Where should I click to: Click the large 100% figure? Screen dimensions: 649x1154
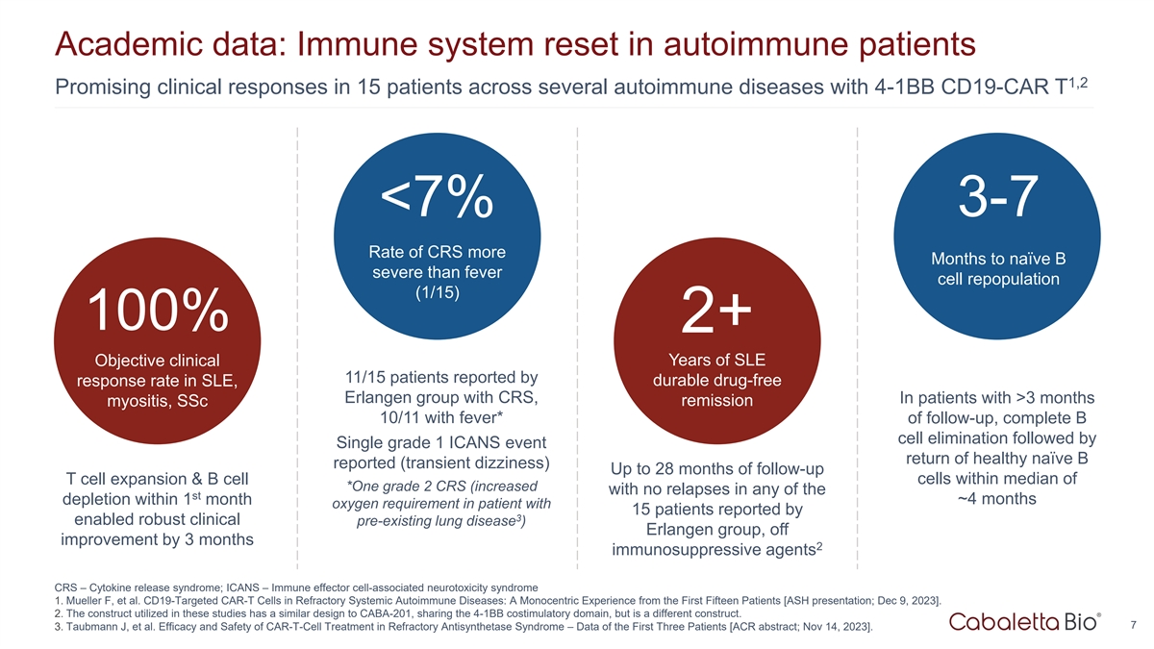tap(159, 310)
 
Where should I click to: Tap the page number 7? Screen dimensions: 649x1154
tap(1135, 626)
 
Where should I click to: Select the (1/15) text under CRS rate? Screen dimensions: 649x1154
tap(438, 292)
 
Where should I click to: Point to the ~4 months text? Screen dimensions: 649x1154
tap(994, 498)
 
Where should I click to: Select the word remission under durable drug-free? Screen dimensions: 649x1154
tap(716, 401)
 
